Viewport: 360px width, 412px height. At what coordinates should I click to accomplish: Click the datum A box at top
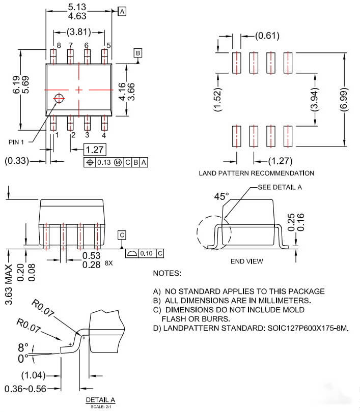122,10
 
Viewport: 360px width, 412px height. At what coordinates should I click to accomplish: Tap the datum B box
138,53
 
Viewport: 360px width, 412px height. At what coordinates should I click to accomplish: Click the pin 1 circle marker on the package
60,98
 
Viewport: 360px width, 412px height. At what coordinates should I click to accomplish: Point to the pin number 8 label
59,46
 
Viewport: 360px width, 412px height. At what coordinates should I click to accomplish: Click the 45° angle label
221,196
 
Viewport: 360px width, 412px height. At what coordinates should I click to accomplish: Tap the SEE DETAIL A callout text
280,187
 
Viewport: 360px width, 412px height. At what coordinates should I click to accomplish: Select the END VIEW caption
246,261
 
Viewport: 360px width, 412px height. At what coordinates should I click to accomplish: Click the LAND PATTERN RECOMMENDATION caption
256,173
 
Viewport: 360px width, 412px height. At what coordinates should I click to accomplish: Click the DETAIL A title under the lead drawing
100,399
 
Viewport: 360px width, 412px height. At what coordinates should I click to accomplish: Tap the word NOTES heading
167,273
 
